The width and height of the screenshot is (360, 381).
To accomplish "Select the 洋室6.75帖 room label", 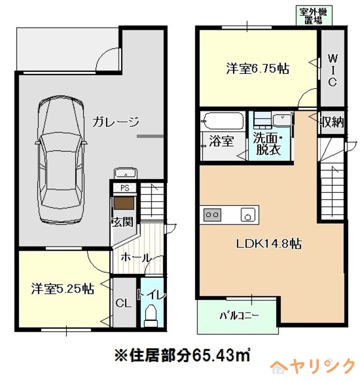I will (257, 68).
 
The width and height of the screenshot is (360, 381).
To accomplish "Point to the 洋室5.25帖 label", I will (61, 289).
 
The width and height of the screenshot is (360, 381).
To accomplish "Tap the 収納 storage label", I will (332, 123).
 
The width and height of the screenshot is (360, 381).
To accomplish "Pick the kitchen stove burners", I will (213, 214).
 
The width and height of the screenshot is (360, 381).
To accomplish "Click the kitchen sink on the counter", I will (247, 214).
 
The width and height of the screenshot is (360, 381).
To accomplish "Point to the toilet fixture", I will (151, 314).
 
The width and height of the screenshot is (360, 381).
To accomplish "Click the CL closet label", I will (123, 302).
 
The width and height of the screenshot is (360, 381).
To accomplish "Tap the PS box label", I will (125, 188).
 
